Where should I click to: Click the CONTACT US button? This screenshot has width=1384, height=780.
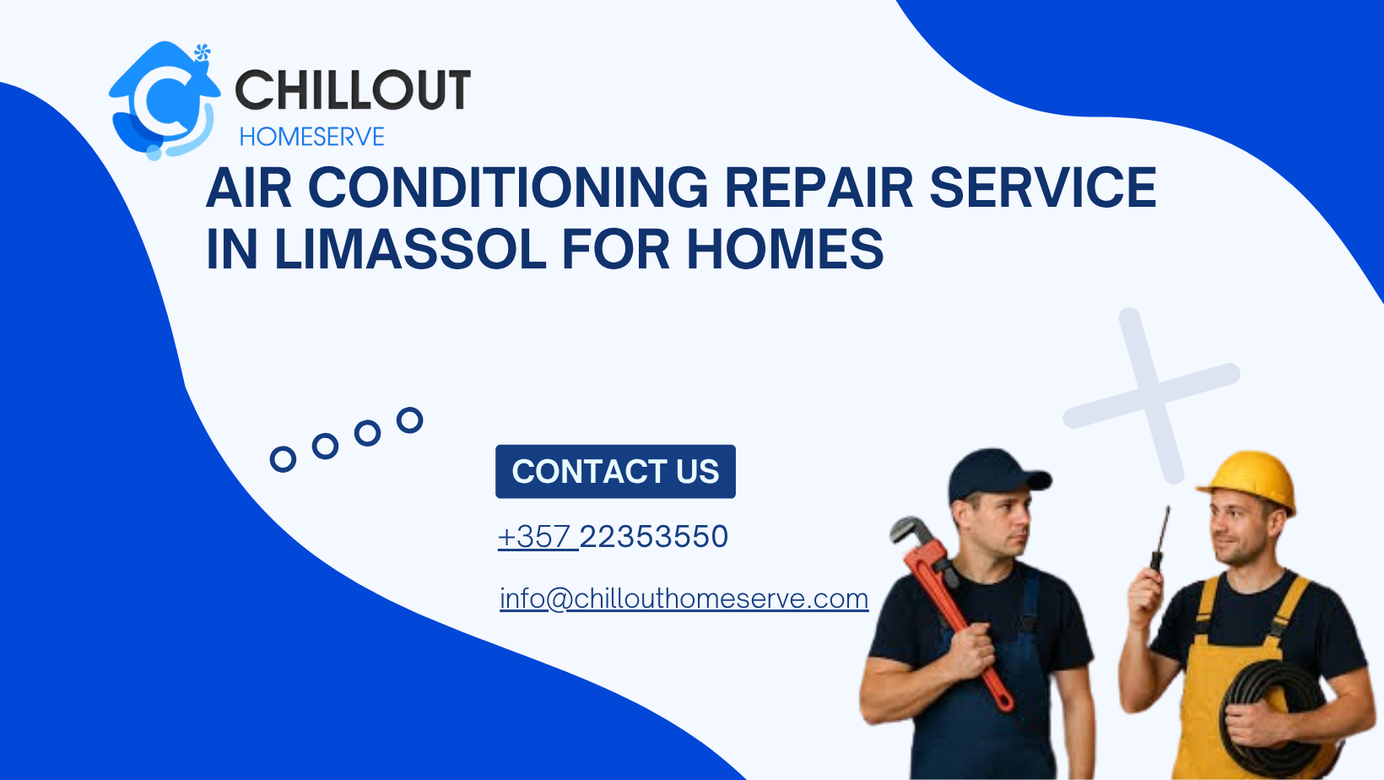pyautogui.click(x=615, y=471)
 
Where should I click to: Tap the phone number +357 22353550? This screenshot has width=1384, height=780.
pyautogui.click(x=614, y=537)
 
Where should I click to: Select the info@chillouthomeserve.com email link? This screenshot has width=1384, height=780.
pyautogui.click(x=684, y=599)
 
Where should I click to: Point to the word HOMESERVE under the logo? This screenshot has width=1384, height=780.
pyautogui.click(x=311, y=137)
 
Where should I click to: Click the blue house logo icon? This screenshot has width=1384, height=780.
pyautogui.click(x=163, y=100)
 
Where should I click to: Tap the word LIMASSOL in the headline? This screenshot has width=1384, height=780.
pyautogui.click(x=410, y=249)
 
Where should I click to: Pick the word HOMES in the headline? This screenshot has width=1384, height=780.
pyautogui.click(x=785, y=249)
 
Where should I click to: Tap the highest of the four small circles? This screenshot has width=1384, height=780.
pyautogui.click(x=410, y=420)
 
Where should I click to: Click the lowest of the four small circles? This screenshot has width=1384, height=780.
pyautogui.click(x=283, y=459)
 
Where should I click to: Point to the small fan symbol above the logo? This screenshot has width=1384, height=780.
pyautogui.click(x=202, y=53)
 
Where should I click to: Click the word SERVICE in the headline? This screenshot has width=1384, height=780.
pyautogui.click(x=1042, y=187)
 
